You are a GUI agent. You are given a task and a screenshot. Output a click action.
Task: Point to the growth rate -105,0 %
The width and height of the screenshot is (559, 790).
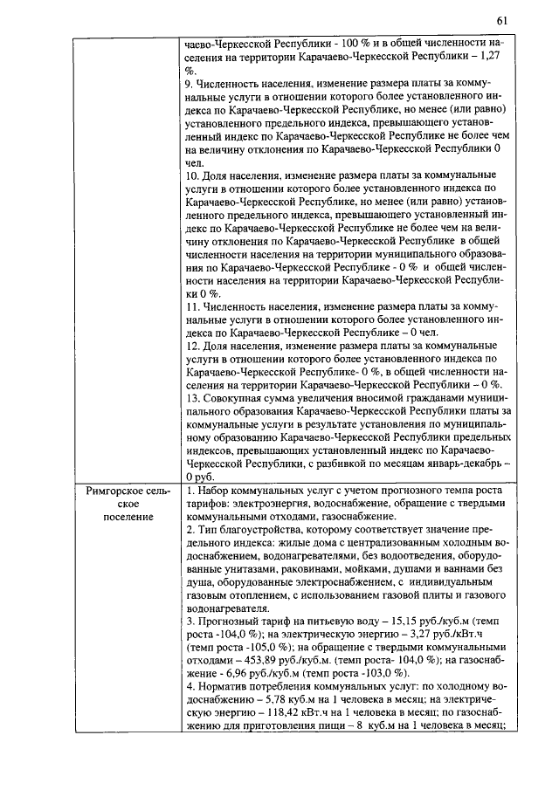[x=244, y=647]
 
